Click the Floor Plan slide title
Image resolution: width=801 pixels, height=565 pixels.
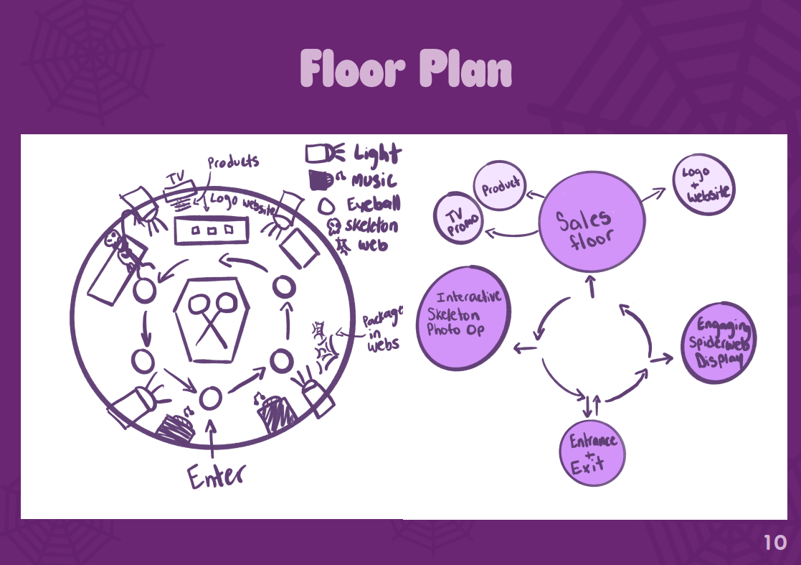point(406,70)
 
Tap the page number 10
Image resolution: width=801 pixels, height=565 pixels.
point(775,543)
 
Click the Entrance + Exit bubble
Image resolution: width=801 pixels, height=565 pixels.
point(592,454)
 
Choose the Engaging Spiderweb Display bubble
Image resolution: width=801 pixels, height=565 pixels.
point(720,344)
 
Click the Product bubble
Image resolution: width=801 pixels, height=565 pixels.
point(500,187)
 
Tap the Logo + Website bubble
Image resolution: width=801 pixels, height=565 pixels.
point(703,184)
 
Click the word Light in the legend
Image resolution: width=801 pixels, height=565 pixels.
point(376,153)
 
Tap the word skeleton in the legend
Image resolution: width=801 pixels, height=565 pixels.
point(372,225)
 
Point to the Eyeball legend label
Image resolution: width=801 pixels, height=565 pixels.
point(372,203)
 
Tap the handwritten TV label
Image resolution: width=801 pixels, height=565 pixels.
point(176,178)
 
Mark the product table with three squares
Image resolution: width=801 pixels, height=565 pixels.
point(211,230)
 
